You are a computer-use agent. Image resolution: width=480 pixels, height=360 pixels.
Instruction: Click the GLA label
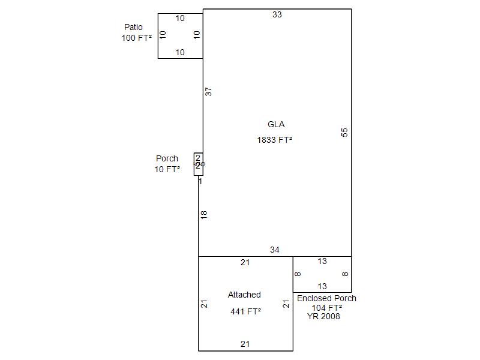click(x=276, y=125)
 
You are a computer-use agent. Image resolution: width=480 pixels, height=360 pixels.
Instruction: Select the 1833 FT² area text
click(x=275, y=140)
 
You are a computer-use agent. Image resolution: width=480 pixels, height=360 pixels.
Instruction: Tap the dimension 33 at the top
click(x=277, y=14)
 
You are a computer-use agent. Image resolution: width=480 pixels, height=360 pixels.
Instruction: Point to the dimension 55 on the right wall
click(x=344, y=132)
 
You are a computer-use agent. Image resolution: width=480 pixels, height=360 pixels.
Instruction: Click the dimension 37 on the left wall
click(x=209, y=92)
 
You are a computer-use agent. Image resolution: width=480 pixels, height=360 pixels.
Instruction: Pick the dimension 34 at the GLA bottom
click(x=275, y=250)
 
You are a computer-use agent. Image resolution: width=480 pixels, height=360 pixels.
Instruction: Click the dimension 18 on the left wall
click(x=204, y=214)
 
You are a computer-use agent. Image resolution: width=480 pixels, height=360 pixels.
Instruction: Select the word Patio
click(x=133, y=27)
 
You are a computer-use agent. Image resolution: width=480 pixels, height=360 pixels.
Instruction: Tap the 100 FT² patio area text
click(x=136, y=38)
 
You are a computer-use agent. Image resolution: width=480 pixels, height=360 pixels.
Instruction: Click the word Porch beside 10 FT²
click(x=167, y=159)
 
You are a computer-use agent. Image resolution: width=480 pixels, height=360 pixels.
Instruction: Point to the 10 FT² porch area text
click(x=167, y=169)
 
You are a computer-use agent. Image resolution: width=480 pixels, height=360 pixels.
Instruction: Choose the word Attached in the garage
click(x=244, y=295)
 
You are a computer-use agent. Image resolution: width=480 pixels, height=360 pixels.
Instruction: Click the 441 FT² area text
click(x=245, y=311)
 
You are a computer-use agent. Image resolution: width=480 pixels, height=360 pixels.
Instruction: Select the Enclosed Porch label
click(x=326, y=298)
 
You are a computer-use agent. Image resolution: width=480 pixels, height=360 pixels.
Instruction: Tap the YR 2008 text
click(x=323, y=316)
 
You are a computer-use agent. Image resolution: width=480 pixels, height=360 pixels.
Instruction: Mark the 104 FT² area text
click(x=326, y=307)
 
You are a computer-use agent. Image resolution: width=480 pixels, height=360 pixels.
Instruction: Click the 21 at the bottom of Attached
click(x=245, y=344)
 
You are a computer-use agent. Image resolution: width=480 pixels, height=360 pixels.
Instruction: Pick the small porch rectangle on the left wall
click(x=198, y=164)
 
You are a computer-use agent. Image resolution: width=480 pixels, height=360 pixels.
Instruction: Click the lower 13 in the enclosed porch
click(x=322, y=286)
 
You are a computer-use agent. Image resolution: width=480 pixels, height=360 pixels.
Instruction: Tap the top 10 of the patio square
click(x=180, y=18)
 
